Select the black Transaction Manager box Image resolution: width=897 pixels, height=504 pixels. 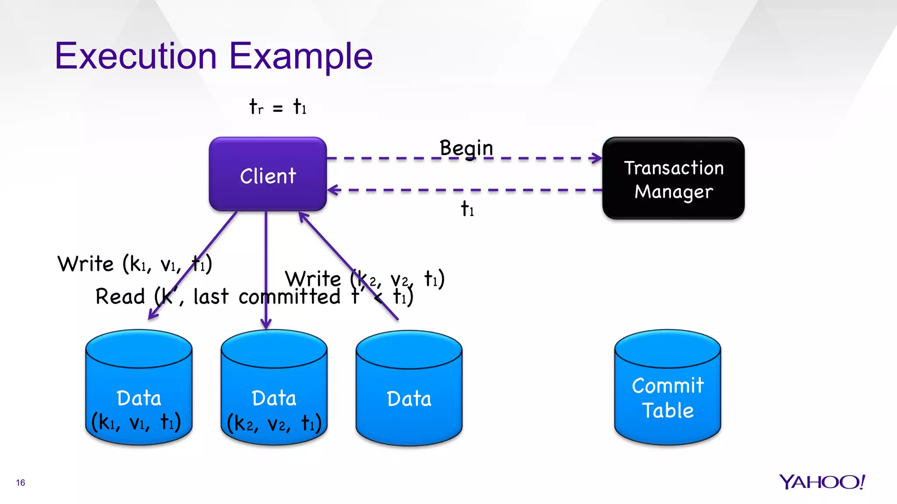[x=673, y=178]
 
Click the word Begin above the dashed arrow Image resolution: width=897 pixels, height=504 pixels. [x=466, y=148]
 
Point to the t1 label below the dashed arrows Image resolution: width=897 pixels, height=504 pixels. [x=467, y=209]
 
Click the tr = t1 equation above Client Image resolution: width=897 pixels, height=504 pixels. [x=278, y=107]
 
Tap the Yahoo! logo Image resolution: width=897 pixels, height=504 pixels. [x=822, y=482]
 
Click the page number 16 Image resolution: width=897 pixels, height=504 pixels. [x=21, y=483]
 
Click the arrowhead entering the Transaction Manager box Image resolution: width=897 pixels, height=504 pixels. [x=597, y=158]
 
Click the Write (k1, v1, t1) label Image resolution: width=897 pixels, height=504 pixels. [x=134, y=264]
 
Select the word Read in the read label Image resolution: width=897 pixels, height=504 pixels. [x=120, y=297]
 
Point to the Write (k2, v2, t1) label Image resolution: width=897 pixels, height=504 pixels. [x=364, y=279]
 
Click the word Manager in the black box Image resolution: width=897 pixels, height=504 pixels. [x=674, y=192]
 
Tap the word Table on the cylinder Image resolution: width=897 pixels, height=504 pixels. [x=667, y=410]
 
